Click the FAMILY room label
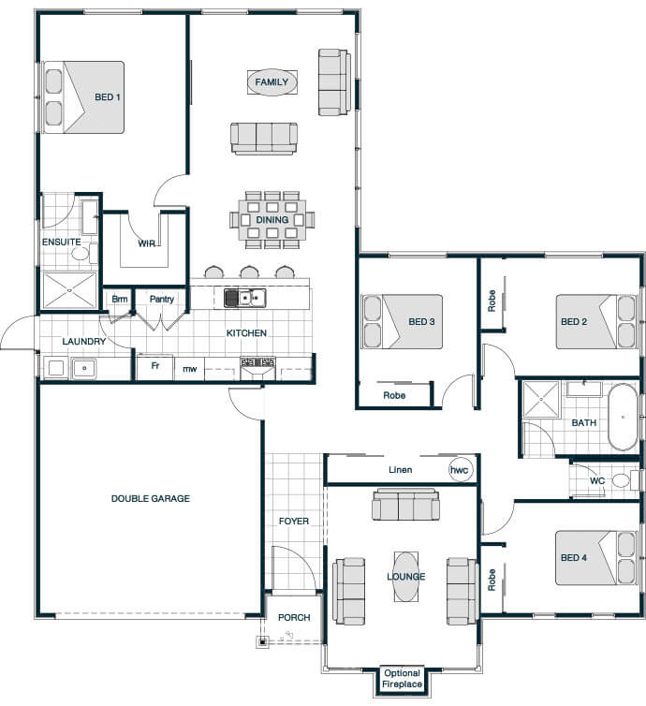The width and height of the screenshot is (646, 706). pos(272,82)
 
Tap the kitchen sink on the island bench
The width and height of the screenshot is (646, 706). pos(245,298)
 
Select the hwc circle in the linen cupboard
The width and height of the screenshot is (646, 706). pos(460,470)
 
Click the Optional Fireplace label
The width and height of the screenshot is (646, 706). pos(402,679)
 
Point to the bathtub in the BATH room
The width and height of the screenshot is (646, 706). pos(623,418)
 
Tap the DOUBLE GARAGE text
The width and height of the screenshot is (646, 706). pos(151,498)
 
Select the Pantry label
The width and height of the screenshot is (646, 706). pos(162,299)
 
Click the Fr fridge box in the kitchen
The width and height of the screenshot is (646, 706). pos(154,367)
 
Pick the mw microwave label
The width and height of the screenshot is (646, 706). pos(189,369)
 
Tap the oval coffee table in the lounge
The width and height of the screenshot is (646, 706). pos(406,577)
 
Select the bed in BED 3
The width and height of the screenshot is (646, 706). pos(402,321)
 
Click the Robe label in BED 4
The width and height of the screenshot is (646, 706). pos(492,580)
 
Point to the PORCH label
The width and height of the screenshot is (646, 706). pos(294,617)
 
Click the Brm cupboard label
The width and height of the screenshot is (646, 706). pos(119,299)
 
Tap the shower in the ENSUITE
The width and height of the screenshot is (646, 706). pos(69,290)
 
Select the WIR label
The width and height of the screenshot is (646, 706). pos(147,243)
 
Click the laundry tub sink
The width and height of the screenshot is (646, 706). pos(83,368)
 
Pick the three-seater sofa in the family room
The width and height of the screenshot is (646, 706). pos(264,139)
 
